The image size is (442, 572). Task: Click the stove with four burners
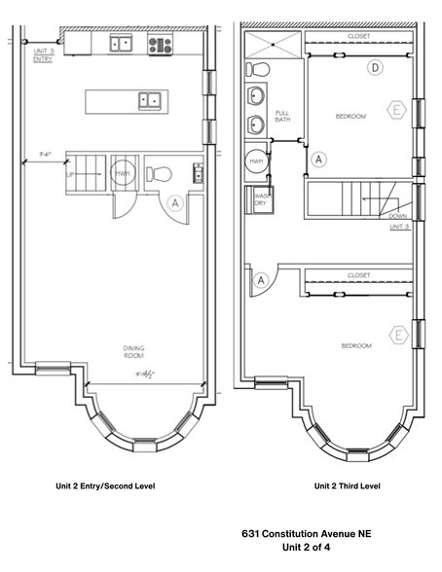(160, 44)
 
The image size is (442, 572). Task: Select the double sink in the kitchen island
(151, 98)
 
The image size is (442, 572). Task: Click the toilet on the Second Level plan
(161, 174)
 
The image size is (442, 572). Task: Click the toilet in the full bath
(257, 69)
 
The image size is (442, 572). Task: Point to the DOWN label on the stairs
(397, 216)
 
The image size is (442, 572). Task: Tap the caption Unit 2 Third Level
(347, 485)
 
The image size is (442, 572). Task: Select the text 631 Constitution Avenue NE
(306, 534)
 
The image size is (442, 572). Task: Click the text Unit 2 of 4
(306, 548)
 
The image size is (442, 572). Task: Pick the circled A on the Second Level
(175, 203)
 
